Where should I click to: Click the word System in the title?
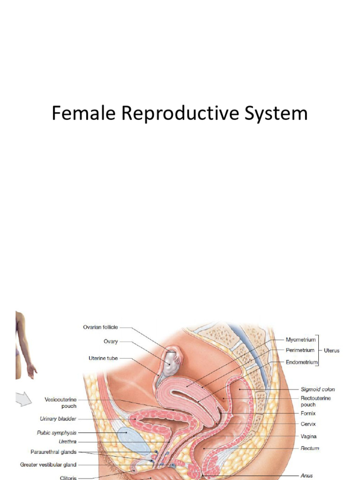(280, 114)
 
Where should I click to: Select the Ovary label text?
(111, 341)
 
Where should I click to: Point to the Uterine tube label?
(103, 358)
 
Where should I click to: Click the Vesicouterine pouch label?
(60, 403)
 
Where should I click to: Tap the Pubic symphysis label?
(56, 433)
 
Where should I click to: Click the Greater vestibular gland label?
(48, 465)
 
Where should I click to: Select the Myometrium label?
(300, 339)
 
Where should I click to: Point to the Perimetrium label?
(300, 350)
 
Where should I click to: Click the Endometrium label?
(301, 362)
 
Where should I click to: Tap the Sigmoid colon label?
(318, 389)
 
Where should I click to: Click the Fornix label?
(308, 413)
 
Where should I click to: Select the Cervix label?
(308, 424)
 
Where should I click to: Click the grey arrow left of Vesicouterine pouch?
(23, 399)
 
